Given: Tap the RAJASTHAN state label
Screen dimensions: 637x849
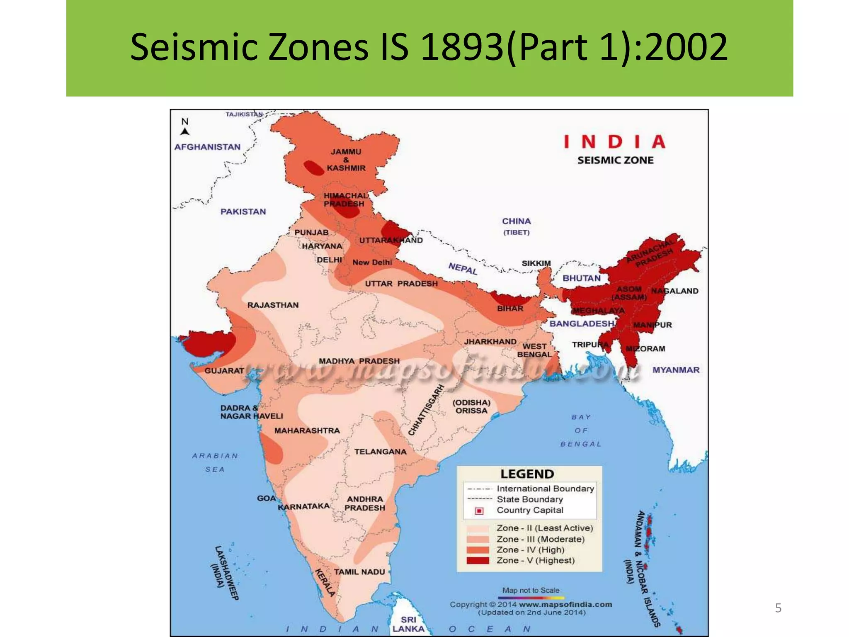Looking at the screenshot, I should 273,305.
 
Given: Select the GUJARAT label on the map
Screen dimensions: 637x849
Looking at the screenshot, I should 224,370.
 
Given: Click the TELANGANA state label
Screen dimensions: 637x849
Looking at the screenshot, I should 380,452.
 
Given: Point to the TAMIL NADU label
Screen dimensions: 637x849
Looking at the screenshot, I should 359,572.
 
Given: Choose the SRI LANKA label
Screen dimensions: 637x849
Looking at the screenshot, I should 408,624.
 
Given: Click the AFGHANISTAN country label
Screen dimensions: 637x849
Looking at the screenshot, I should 207,147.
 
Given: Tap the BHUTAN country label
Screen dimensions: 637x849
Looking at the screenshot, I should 581,278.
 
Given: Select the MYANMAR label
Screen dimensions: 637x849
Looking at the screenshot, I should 676,370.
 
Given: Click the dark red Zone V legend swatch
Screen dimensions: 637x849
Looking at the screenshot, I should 478,561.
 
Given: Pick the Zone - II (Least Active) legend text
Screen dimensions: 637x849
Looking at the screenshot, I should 545,528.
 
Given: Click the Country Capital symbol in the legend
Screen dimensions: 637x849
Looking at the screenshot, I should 479,511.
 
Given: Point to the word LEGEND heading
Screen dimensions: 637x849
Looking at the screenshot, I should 527,474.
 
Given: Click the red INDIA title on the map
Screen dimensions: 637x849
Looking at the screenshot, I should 615,142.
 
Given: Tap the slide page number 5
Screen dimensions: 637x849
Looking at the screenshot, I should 778,608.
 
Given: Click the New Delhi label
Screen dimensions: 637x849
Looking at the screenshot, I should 372,262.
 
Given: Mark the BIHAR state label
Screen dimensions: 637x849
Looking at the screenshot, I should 510,309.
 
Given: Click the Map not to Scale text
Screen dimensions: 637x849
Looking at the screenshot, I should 531,590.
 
